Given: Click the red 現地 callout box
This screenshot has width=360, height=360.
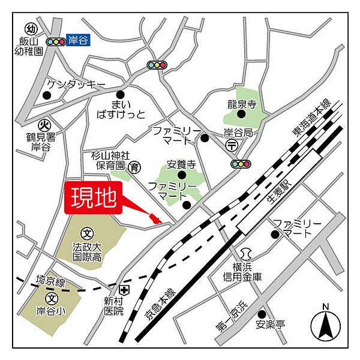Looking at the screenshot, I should pyautogui.click(x=94, y=199).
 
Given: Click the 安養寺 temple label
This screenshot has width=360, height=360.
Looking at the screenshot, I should pyautogui.click(x=181, y=164).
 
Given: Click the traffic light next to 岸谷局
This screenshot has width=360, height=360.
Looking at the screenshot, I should pyautogui.click(x=241, y=164).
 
